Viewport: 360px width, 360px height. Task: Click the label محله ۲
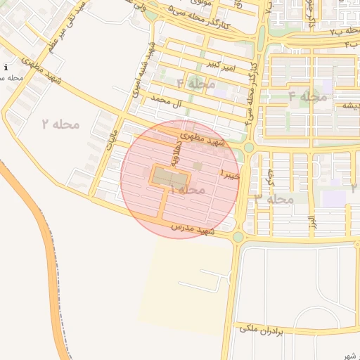click(x=60, y=124)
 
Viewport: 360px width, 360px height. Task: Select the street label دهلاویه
click(x=177, y=157)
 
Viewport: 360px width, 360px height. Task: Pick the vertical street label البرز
click(x=310, y=221)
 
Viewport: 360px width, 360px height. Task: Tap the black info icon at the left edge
click(x=6, y=67)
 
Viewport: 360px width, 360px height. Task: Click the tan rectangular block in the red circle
click(x=167, y=176)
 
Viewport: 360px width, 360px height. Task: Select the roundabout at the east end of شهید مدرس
click(x=238, y=237)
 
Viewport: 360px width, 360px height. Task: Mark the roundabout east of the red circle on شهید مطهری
click(x=248, y=147)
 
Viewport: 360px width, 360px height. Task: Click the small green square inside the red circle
click(x=198, y=166)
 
